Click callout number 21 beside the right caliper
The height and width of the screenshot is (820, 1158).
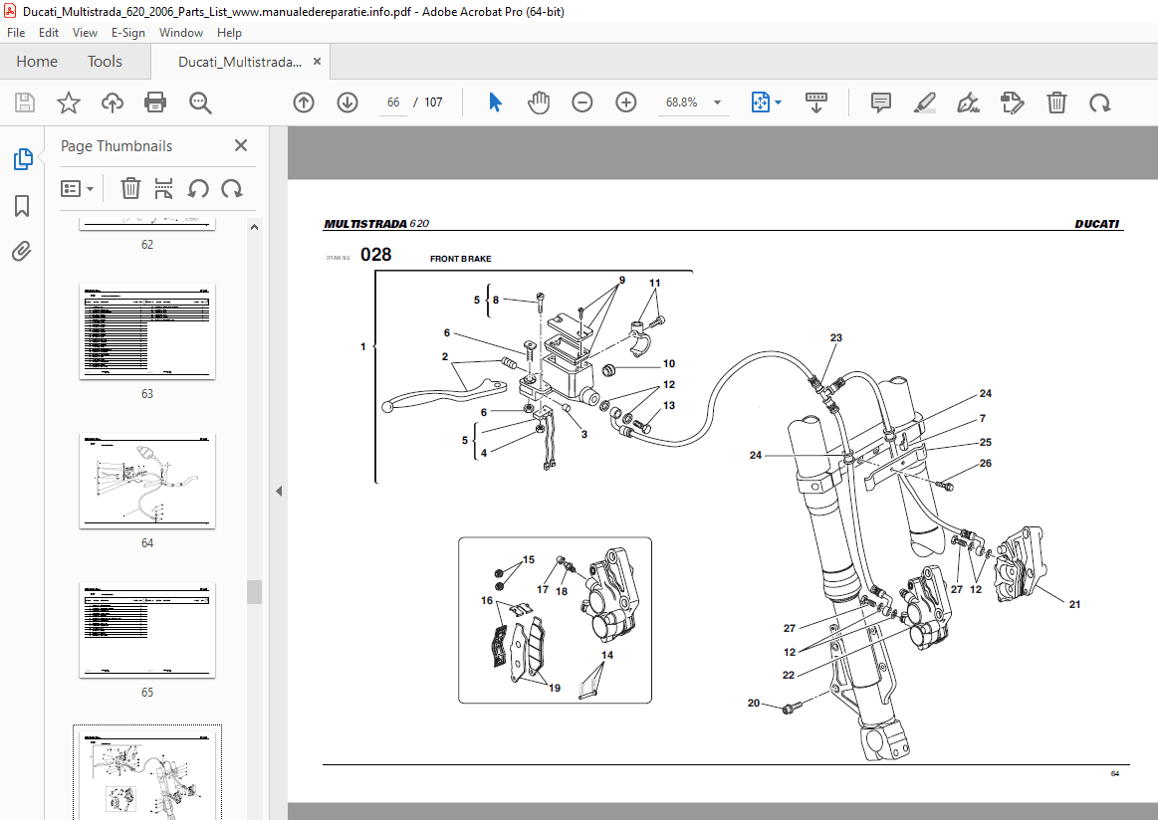[x=1074, y=604]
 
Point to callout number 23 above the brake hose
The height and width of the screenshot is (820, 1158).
[x=835, y=338]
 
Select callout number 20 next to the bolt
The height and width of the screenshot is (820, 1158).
[x=754, y=704]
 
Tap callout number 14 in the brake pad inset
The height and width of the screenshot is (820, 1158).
[x=606, y=655]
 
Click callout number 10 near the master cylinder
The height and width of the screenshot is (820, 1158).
[x=669, y=364]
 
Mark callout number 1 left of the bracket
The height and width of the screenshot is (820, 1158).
[x=363, y=346]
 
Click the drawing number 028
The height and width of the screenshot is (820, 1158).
[x=376, y=255]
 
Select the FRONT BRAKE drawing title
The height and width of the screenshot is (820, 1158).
[x=460, y=259]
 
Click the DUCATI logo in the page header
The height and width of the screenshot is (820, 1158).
[x=1097, y=224]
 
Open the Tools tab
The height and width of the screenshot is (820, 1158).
[x=105, y=62]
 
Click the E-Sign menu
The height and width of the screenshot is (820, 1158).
[x=128, y=33]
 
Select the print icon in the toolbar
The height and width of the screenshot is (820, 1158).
[x=155, y=102]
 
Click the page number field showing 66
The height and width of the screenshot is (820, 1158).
[x=393, y=102]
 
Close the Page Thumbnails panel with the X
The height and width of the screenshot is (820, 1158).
[x=241, y=145]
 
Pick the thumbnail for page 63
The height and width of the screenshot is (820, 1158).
[x=147, y=330]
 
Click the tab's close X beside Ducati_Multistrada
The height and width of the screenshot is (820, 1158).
[x=318, y=62]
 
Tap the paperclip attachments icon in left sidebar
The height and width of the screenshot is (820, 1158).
[x=22, y=252]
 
